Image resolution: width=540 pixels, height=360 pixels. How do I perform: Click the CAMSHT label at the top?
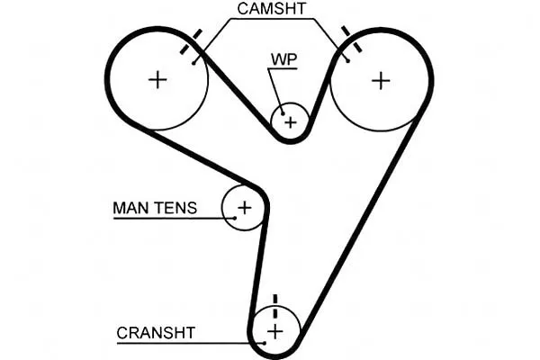click(x=272, y=9)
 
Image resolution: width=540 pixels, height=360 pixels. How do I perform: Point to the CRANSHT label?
click(x=156, y=332)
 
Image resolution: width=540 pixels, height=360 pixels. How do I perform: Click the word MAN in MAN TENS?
click(x=128, y=208)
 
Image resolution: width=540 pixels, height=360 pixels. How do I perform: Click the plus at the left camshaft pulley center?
click(x=158, y=79)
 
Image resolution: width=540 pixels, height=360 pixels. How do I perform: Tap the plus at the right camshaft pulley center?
click(x=382, y=79)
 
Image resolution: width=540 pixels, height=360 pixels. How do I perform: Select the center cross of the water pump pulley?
click(x=290, y=120)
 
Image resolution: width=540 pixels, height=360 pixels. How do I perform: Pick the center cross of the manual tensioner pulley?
click(x=244, y=208)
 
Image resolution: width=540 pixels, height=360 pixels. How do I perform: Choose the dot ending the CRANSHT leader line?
click(x=265, y=342)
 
